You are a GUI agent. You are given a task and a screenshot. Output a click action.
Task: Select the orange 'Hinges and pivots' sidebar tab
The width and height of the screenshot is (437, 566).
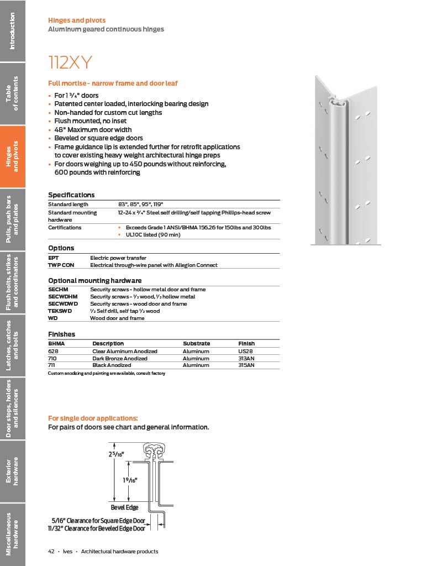point(13,156)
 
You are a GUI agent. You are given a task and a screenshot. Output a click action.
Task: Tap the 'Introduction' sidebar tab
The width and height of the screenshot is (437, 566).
point(13,31)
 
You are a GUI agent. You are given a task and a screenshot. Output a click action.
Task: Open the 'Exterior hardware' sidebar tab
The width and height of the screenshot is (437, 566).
point(13,471)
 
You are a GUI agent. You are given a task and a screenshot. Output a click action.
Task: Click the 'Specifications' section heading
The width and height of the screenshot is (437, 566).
point(71,195)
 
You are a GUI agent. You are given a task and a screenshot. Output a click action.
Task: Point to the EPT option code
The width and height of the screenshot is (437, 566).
point(54,258)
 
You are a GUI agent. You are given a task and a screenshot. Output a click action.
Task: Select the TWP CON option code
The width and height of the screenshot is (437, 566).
point(61,265)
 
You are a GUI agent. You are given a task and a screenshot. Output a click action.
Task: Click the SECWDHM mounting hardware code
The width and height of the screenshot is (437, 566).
point(63,297)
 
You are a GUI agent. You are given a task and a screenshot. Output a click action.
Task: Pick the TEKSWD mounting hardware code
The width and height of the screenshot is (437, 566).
point(60,311)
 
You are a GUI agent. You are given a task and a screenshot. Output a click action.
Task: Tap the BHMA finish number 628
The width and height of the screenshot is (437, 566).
point(54,352)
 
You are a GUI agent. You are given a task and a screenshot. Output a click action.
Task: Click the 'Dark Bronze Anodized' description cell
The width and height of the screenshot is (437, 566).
point(120,359)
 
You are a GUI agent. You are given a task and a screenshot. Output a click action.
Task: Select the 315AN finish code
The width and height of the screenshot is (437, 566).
point(247,365)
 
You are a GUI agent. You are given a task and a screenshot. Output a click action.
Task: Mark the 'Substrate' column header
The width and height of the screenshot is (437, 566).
point(197,344)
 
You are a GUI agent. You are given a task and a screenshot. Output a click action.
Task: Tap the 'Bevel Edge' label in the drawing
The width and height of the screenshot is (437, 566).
point(125,507)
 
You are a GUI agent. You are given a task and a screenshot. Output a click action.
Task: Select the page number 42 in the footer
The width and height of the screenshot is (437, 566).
point(51,552)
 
